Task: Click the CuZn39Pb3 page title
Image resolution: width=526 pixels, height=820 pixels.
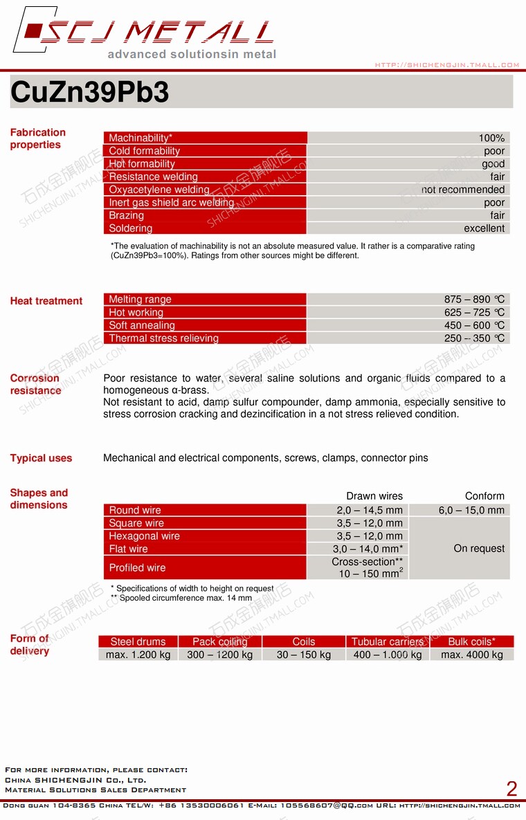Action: coord(90,93)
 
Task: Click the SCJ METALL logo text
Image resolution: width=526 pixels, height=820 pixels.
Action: coord(156,33)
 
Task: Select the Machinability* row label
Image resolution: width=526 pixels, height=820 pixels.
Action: coord(140,138)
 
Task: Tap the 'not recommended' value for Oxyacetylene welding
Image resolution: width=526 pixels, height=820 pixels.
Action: coord(462,190)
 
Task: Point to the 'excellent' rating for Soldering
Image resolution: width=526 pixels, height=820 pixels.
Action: coord(484,228)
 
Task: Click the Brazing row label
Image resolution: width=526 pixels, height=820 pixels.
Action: coord(126,215)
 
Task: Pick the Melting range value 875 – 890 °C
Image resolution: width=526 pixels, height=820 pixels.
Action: coord(474,300)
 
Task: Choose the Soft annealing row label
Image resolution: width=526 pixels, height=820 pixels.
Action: coord(142,325)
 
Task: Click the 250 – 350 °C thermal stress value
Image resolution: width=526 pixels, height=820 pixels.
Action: coord(474,338)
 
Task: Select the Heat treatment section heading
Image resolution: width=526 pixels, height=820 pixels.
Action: coord(46,301)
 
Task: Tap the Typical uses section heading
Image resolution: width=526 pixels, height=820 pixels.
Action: coord(41,458)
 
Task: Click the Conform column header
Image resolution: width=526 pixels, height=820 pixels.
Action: coord(484,496)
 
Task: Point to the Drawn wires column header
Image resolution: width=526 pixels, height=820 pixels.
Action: coord(374,496)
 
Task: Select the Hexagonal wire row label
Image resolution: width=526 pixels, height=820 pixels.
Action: coord(144,536)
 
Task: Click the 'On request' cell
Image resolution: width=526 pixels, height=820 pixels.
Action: coord(479,549)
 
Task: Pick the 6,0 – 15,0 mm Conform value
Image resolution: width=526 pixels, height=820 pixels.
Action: coord(471,510)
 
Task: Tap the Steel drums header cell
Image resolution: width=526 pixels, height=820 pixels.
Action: coord(138,641)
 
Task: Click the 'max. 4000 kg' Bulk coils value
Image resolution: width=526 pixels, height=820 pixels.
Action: coord(472,655)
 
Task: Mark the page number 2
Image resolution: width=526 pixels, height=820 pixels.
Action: coord(511,789)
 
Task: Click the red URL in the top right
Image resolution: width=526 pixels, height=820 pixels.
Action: coord(447,65)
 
